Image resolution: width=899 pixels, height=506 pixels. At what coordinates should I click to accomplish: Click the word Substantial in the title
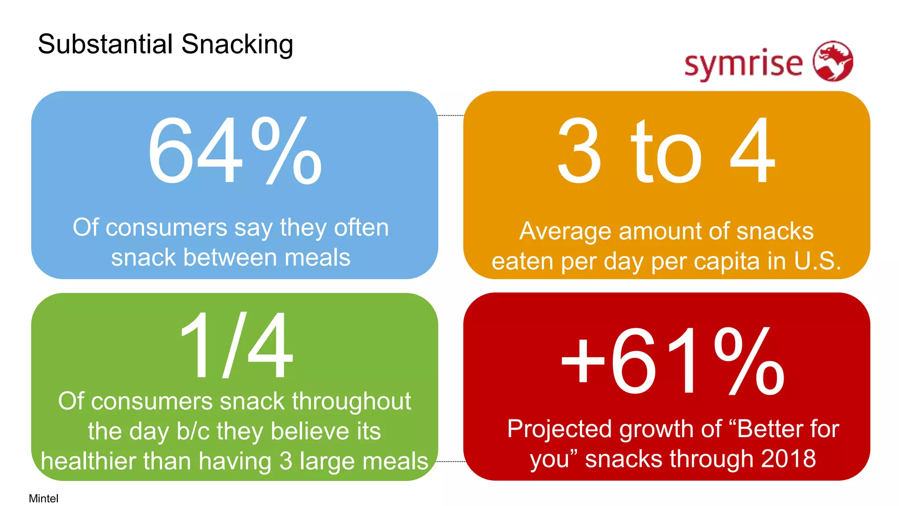(x=105, y=44)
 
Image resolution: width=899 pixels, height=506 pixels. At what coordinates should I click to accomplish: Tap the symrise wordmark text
(x=744, y=64)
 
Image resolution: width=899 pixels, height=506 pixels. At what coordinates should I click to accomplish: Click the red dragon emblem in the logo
(x=833, y=61)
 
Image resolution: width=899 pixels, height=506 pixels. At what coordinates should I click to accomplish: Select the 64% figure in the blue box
(x=235, y=151)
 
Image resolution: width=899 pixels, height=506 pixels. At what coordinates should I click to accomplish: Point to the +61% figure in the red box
(x=672, y=361)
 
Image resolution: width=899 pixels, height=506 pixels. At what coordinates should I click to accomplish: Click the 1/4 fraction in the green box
(x=236, y=345)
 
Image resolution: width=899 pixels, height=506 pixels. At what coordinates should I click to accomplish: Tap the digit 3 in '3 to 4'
(x=579, y=151)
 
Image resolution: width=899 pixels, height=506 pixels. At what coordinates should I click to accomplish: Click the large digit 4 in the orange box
(x=752, y=151)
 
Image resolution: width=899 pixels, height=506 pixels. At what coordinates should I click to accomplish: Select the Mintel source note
(x=43, y=498)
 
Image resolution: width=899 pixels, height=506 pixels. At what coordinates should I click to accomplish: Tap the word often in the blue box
(x=361, y=228)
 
